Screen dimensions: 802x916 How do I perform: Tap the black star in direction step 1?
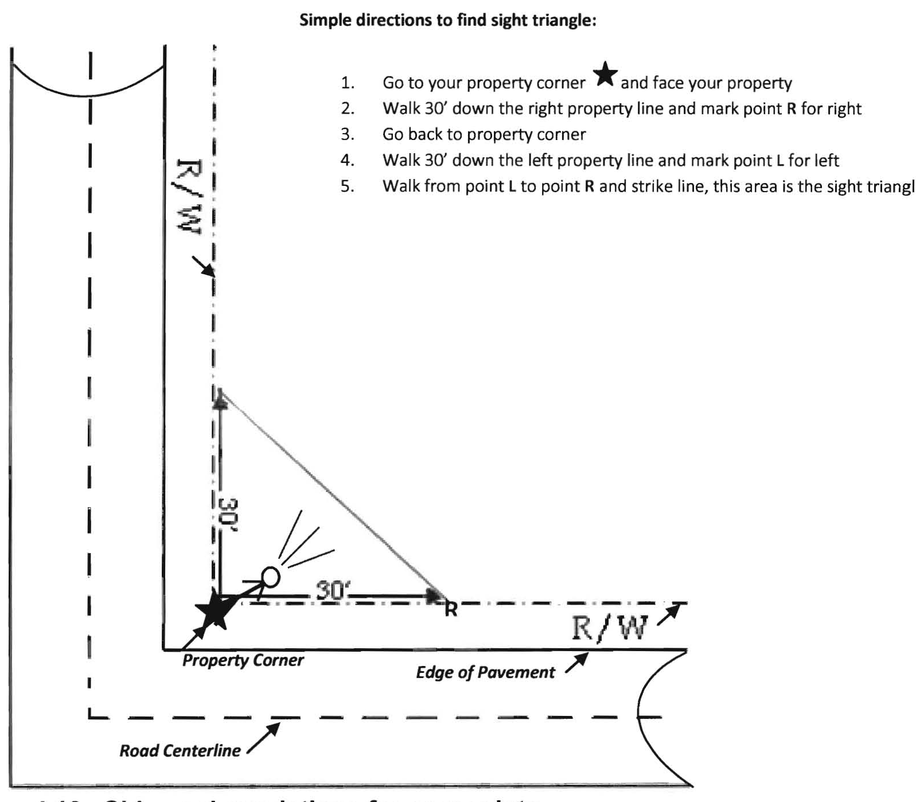click(605, 75)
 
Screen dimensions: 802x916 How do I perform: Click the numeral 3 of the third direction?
click(346, 135)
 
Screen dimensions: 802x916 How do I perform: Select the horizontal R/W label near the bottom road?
click(609, 628)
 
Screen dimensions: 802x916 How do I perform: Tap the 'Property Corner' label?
click(243, 660)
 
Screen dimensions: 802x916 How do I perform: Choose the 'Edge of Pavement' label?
click(485, 672)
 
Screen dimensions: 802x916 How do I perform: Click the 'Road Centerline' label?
click(180, 751)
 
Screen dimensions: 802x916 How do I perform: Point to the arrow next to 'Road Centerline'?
click(264, 738)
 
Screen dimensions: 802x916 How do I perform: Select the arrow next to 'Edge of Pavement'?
click(577, 663)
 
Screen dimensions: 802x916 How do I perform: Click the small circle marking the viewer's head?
click(270, 575)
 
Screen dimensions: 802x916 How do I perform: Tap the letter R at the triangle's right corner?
click(451, 610)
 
